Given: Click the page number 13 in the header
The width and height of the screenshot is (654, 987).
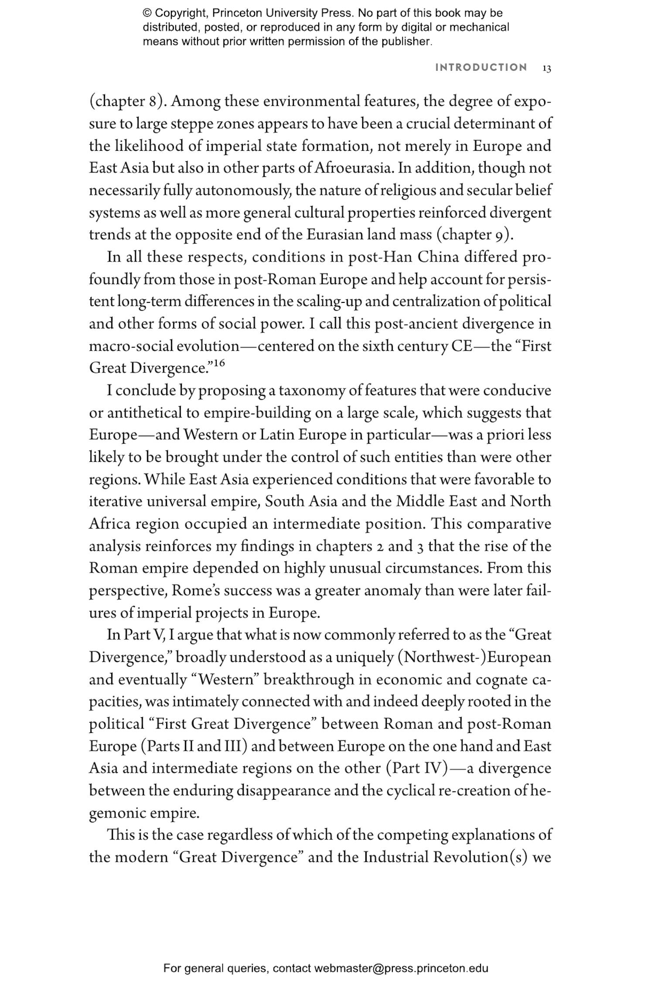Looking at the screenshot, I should pyautogui.click(x=547, y=68).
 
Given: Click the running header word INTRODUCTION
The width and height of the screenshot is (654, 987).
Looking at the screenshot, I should pyautogui.click(x=481, y=68).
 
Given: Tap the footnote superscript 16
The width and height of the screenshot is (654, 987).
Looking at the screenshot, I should pyautogui.click(x=220, y=363).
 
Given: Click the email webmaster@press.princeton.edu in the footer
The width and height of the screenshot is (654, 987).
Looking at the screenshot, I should pyautogui.click(x=401, y=969).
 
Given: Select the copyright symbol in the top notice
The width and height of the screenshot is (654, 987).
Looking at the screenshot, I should pyautogui.click(x=146, y=14).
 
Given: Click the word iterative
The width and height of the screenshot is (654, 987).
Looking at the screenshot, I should pyautogui.click(x=116, y=502).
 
